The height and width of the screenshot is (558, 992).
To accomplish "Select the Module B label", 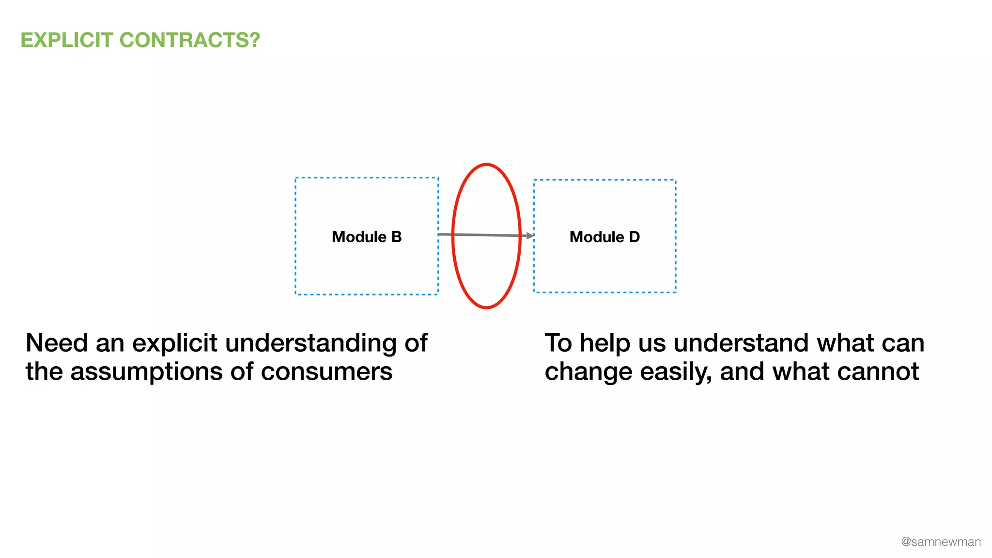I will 367,237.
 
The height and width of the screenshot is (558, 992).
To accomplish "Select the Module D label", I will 604,237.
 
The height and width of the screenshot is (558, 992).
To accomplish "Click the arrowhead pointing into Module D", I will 530,236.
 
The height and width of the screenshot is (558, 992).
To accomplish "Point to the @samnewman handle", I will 941,542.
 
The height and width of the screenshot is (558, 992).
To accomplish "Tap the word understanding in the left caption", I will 311,343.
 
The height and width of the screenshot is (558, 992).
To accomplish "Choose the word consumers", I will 326,372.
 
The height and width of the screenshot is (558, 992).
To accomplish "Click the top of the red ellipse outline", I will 486,165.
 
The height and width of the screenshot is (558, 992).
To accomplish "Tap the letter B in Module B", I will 396,237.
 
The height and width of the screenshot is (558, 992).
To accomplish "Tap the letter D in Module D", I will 634,237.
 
